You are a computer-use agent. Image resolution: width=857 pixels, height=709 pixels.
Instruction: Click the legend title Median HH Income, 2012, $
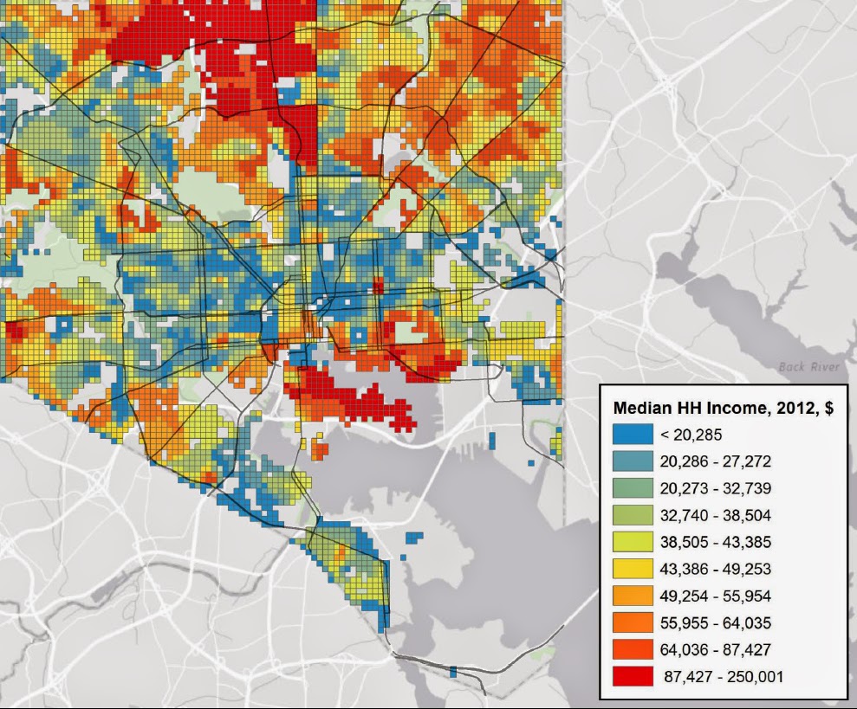click(x=723, y=409)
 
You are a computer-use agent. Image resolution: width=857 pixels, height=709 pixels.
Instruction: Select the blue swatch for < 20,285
click(x=632, y=435)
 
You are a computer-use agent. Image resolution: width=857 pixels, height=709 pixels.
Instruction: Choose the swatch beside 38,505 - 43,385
click(x=632, y=542)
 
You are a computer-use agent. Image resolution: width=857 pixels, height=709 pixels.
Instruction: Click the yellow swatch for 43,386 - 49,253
click(x=632, y=569)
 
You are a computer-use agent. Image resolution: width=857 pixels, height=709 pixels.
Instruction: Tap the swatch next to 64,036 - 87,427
click(x=632, y=649)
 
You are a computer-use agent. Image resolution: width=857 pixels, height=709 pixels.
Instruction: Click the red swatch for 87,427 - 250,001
click(x=632, y=676)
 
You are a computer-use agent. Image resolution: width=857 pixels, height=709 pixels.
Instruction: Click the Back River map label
click(x=809, y=367)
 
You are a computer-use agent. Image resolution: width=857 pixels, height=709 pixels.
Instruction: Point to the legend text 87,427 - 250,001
click(x=724, y=676)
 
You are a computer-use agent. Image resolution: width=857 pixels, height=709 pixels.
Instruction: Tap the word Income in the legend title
click(x=720, y=409)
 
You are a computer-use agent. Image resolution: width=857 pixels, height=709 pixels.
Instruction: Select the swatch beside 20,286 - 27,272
click(x=632, y=461)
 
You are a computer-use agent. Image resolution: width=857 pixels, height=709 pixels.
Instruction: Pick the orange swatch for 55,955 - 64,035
click(x=632, y=622)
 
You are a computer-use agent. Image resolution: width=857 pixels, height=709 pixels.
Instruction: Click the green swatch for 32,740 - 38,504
click(x=632, y=515)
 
